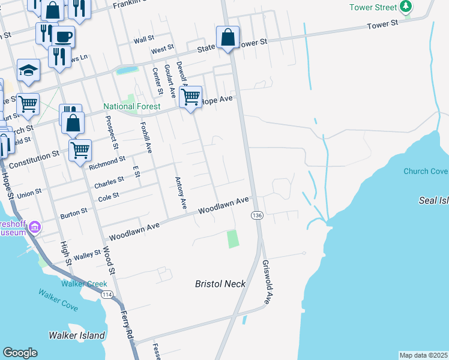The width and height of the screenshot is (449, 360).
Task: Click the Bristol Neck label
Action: coord(221,284)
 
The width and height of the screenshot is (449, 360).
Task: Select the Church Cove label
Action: coord(426,171)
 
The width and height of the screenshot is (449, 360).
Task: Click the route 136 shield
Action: coord(257,215)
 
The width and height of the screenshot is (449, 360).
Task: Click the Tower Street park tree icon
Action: coord(406,7)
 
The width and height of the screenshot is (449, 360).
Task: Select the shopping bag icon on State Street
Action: coord(228,37)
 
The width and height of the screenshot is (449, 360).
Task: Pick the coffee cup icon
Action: coord(63,37)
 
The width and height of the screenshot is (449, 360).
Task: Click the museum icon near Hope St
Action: coord(35,227)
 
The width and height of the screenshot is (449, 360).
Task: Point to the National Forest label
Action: coord(131,107)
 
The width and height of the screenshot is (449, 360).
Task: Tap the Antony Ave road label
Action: coord(181,193)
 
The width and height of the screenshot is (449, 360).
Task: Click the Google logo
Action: coord(20,353)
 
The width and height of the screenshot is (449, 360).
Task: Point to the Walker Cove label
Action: coord(58,299)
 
